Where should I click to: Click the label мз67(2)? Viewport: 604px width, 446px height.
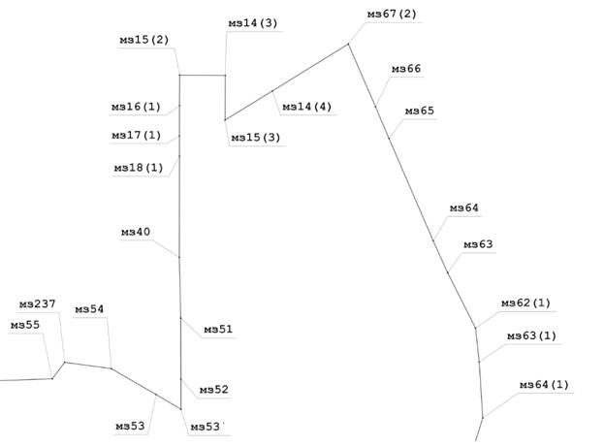pos(392,15)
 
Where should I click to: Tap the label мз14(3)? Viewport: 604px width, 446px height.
pos(253,23)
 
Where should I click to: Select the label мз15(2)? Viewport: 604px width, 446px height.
pos(144,40)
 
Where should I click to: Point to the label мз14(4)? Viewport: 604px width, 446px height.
pos(307,107)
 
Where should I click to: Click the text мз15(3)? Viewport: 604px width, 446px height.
pos(256,138)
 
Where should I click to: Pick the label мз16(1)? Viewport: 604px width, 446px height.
pos(136,107)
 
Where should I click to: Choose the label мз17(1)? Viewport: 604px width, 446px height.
pos(137,135)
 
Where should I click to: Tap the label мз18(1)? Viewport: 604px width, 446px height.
pos(139,168)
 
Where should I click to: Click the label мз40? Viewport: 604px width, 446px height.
pos(136,232)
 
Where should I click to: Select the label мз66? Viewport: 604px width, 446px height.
pos(406,69)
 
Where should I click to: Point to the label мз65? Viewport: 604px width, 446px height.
pos(420,111)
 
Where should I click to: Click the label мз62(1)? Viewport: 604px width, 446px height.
pos(525,303)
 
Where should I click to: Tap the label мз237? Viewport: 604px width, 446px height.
pos(38,304)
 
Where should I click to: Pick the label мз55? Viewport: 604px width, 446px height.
pos(25,325)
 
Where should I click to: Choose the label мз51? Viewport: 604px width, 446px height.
pos(218,330)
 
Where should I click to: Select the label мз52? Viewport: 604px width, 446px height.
pos(214,390)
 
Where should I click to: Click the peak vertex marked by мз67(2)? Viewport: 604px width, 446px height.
pos(349,44)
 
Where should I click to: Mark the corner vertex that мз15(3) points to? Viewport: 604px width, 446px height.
pos(225,120)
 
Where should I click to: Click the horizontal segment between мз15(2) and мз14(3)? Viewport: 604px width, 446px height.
pos(203,75)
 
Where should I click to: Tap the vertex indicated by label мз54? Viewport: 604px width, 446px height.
pos(111,368)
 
